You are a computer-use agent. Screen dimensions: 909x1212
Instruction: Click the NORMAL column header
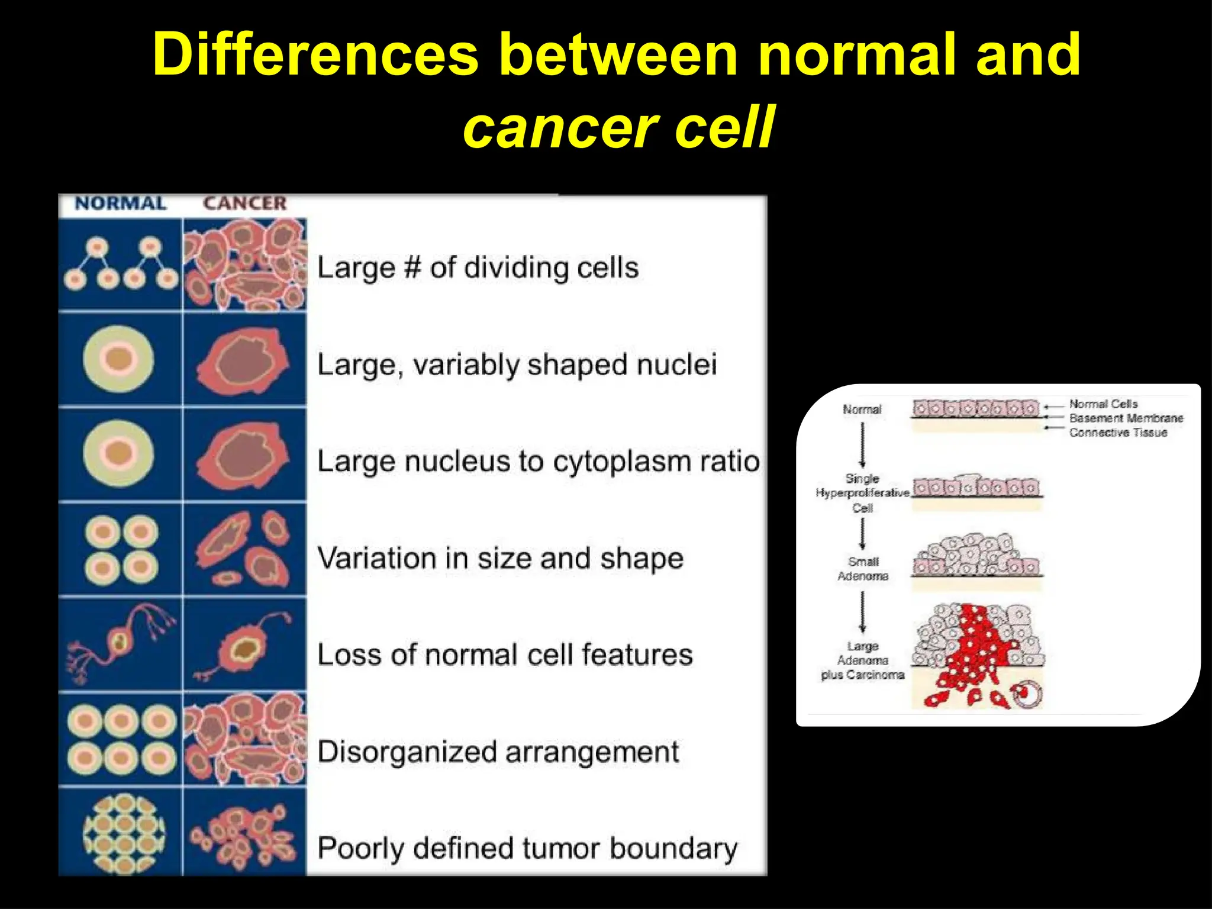click(120, 204)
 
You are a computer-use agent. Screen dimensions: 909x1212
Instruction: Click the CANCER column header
click(244, 204)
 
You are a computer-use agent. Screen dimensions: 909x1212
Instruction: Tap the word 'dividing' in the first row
click(516, 268)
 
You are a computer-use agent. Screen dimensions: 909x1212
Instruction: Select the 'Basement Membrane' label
click(1126, 418)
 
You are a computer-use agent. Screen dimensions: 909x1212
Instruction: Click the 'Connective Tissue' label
click(1118, 433)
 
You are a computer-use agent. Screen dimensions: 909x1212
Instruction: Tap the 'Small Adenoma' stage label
click(863, 569)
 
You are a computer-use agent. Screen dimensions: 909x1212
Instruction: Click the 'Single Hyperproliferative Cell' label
click(862, 493)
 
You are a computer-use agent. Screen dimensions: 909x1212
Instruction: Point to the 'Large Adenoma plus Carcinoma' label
click(862, 660)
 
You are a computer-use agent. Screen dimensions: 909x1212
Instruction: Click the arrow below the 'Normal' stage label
click(862, 444)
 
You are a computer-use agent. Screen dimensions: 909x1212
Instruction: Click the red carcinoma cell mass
click(976, 651)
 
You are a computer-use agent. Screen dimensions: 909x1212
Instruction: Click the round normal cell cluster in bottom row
click(124, 833)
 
